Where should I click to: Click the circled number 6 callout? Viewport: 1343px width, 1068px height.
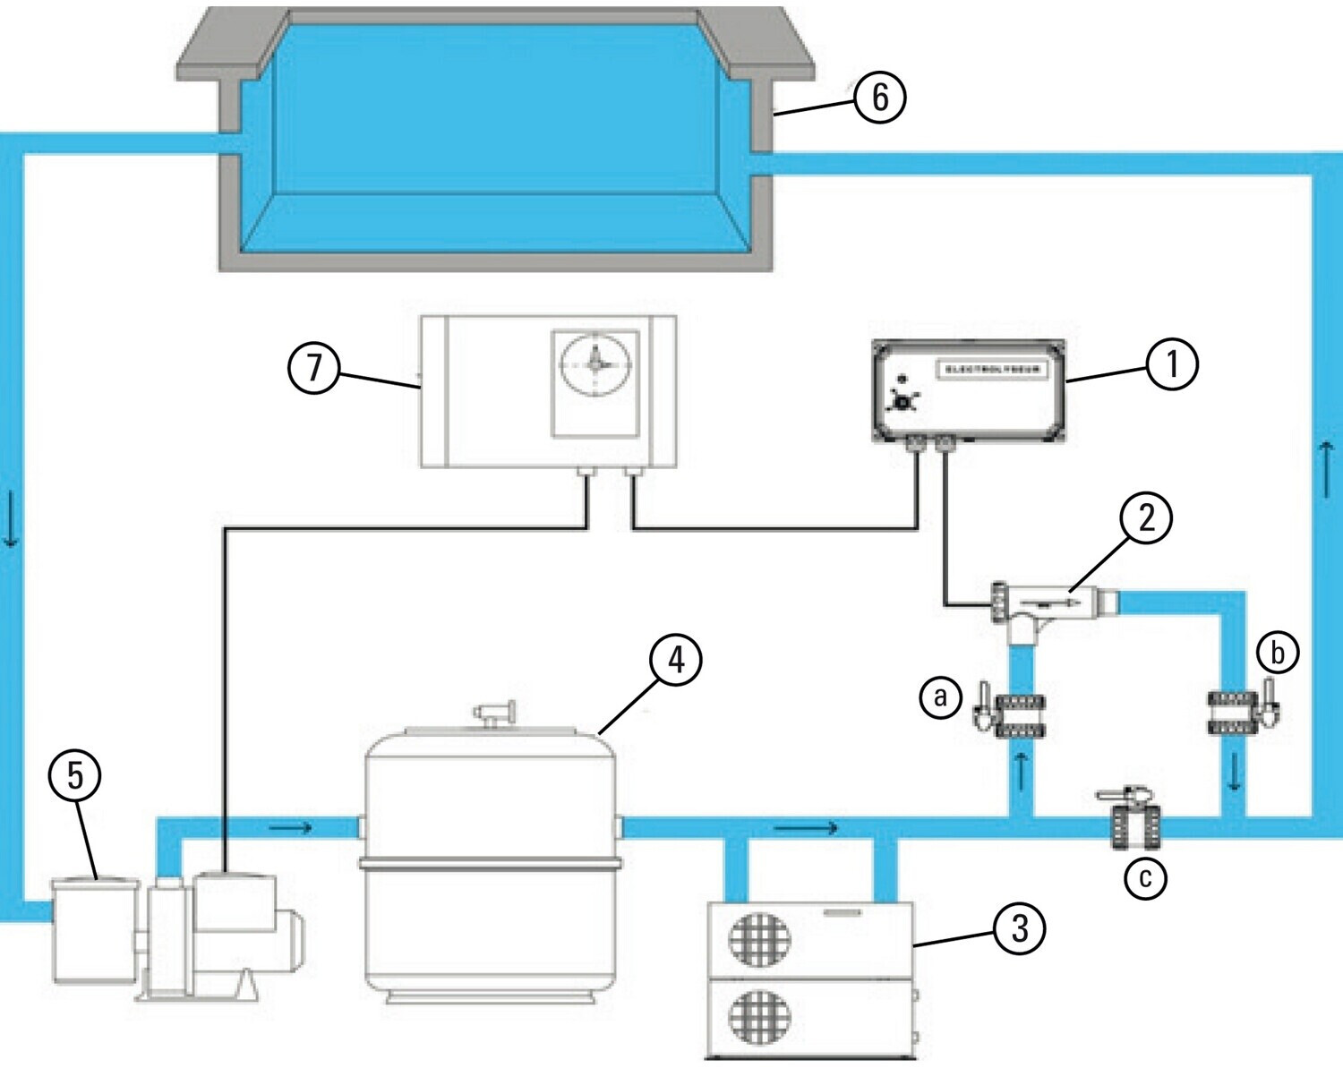[x=879, y=97]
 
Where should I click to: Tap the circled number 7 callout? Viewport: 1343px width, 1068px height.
[x=313, y=367]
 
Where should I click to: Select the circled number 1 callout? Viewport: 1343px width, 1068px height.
[x=1171, y=364]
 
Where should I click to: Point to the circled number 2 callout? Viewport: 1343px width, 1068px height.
[x=1146, y=517]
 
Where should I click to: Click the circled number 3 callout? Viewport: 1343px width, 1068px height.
[x=1019, y=927]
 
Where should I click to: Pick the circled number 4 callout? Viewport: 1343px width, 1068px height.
[x=676, y=660]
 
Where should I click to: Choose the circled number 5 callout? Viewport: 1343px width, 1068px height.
[x=75, y=774]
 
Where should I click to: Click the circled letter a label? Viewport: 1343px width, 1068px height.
[x=940, y=696]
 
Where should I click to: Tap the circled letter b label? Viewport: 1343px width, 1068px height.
[x=1277, y=652]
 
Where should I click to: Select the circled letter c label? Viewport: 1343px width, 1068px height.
[x=1145, y=877]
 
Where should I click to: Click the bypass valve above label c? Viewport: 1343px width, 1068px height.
[x=1134, y=819]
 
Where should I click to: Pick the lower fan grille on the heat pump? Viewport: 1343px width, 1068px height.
[x=759, y=1018]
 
